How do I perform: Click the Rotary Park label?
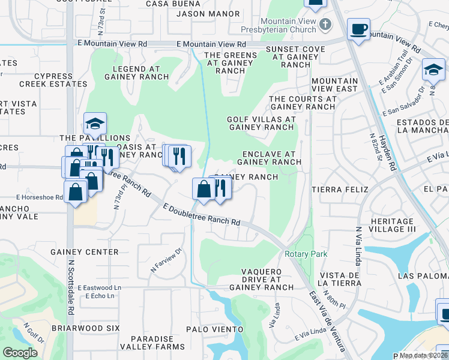point(306,254)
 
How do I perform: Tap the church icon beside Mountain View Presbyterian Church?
point(325,25)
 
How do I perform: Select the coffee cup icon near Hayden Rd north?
point(358,29)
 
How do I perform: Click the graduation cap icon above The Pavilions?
point(95,124)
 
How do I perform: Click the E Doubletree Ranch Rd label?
point(202,214)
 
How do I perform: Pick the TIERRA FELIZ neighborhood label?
point(335,188)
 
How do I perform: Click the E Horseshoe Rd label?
point(40,197)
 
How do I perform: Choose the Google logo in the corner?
point(20,353)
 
